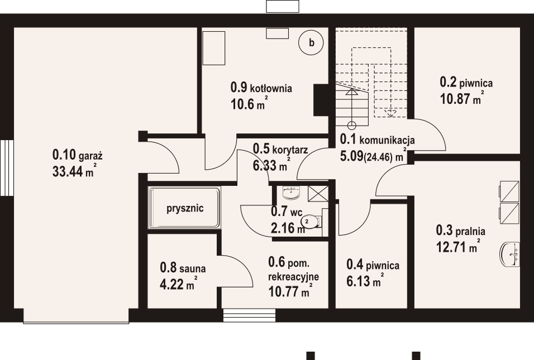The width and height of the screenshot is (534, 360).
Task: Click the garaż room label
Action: coord(79,154)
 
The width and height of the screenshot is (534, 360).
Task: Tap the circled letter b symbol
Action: coord(312,42)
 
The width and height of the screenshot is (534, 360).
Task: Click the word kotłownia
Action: coord(271,88)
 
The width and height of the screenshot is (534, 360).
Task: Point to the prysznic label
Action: coord(185,208)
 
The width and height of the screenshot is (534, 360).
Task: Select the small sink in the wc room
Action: coord(291,193)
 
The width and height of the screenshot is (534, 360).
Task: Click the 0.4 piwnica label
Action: coord(373,266)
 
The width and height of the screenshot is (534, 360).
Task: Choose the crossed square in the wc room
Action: coord(317,193)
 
